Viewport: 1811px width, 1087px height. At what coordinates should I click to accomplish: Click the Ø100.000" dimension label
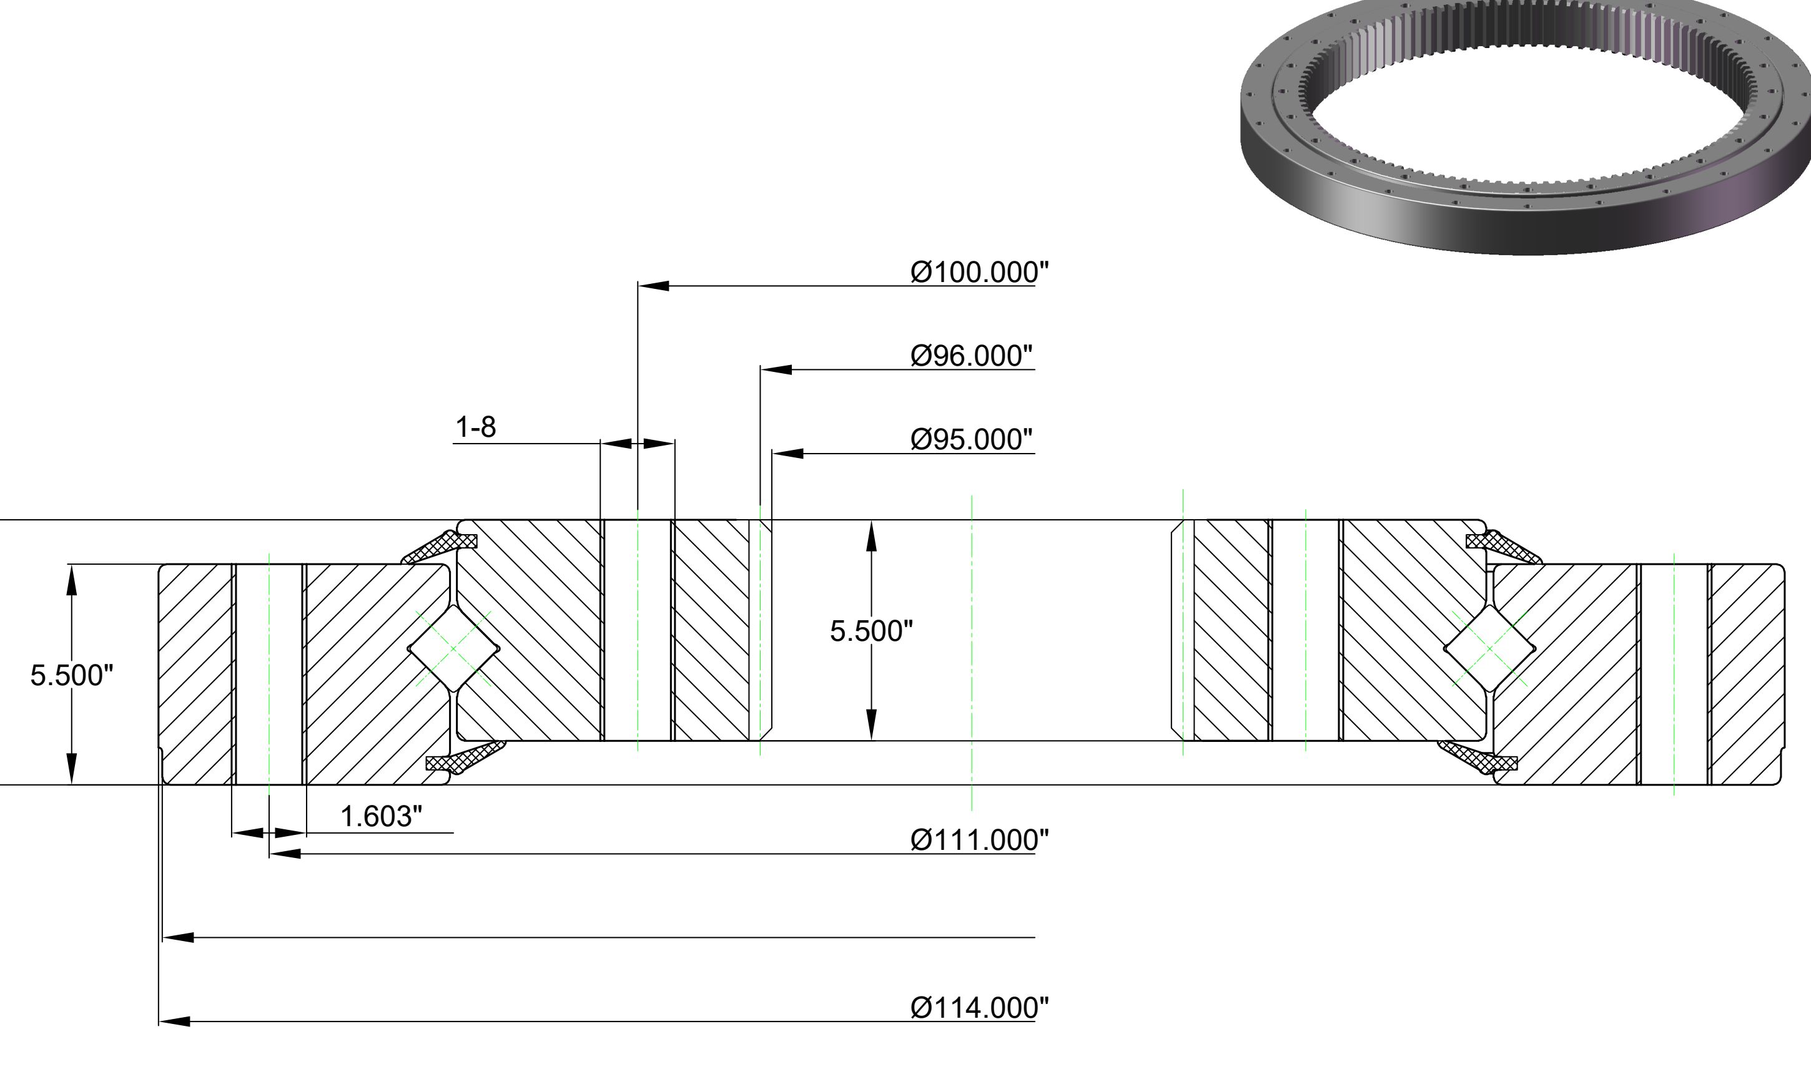tap(979, 273)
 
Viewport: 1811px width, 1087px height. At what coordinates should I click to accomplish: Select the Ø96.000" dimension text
tap(971, 356)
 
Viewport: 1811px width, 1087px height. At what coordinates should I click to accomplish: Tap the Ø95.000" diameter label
tap(971, 439)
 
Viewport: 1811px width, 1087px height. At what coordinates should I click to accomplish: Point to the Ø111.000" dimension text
tap(979, 840)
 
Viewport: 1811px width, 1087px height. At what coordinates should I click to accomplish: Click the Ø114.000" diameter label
tap(979, 1008)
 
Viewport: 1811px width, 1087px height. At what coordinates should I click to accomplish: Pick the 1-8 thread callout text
tap(476, 427)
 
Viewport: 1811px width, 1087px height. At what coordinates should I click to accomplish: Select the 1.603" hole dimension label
tap(381, 817)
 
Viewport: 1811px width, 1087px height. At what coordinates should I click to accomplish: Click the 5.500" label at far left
tap(72, 675)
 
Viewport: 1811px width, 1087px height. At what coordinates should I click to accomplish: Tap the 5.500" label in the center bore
tap(871, 631)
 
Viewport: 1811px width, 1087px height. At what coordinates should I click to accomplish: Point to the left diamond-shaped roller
tap(453, 648)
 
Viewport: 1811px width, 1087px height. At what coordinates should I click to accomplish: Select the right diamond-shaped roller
tap(1489, 648)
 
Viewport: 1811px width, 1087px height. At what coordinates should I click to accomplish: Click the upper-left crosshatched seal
tap(440, 546)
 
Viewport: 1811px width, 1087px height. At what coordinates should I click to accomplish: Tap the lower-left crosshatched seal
tap(465, 758)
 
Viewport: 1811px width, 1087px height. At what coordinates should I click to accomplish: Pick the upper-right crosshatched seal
tap(1503, 547)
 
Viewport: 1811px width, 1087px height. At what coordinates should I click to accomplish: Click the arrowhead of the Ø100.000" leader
tap(653, 286)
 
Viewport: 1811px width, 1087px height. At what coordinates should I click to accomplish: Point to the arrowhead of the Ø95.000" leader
tap(788, 454)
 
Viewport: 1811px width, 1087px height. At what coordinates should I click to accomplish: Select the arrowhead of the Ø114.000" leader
tap(174, 1021)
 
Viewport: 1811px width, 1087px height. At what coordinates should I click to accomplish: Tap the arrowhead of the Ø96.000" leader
tap(776, 370)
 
